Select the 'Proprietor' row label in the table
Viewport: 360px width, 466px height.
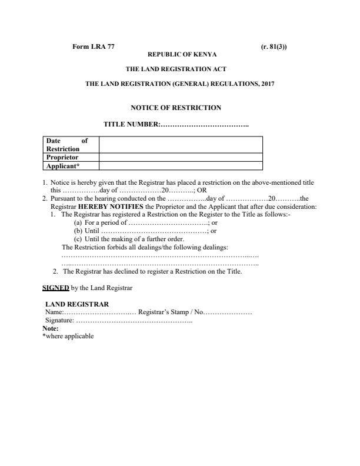(62, 157)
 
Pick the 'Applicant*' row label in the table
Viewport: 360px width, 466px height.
(61, 165)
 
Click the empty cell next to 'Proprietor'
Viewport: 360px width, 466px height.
(181, 157)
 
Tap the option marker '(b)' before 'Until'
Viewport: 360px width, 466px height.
(78, 231)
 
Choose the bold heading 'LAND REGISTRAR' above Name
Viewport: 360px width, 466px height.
(76, 304)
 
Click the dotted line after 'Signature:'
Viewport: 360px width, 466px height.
(138, 319)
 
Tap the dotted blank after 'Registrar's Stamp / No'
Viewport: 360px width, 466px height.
(229, 312)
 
